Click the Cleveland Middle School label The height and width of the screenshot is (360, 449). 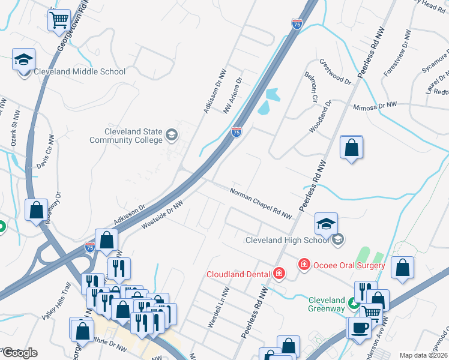[80, 72]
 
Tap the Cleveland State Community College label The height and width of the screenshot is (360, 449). [125, 136]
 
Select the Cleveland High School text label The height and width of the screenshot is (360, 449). [288, 240]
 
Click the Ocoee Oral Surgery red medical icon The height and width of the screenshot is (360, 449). [304, 265]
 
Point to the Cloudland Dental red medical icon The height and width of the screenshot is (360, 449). [279, 274]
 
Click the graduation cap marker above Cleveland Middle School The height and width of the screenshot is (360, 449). [24, 60]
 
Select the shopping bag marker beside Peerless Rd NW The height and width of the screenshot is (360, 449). [351, 148]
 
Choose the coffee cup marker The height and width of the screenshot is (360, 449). [360, 328]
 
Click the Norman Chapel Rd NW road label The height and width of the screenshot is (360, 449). [262, 203]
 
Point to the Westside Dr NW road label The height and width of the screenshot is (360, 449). [161, 215]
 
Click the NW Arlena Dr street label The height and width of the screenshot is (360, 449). [232, 95]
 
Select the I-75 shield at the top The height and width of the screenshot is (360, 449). [297, 24]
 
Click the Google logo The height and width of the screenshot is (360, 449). [19, 353]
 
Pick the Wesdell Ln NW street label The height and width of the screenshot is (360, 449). [218, 307]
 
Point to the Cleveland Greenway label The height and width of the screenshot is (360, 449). [327, 304]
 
